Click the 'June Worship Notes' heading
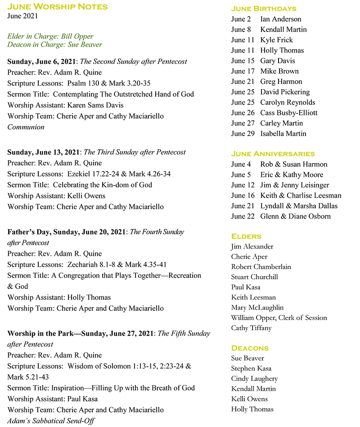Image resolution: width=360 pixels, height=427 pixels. [58, 6]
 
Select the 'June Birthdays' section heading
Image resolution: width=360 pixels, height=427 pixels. [264, 9]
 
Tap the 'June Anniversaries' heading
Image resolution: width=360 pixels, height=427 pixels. [273, 154]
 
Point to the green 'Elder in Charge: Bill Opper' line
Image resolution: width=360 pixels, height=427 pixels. [50, 36]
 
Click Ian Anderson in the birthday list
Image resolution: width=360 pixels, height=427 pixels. [280, 19]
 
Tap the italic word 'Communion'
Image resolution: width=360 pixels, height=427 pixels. [26, 127]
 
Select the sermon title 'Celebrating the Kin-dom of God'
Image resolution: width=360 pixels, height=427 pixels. [103, 185]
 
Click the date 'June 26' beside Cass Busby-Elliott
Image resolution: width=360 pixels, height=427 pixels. [243, 113]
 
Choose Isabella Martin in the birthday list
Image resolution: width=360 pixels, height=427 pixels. [283, 133]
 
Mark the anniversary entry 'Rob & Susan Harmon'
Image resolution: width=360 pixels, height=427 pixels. [293, 164]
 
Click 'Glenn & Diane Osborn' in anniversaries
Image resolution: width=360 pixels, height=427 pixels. [295, 216]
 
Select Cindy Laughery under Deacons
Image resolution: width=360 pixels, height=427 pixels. [254, 379]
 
